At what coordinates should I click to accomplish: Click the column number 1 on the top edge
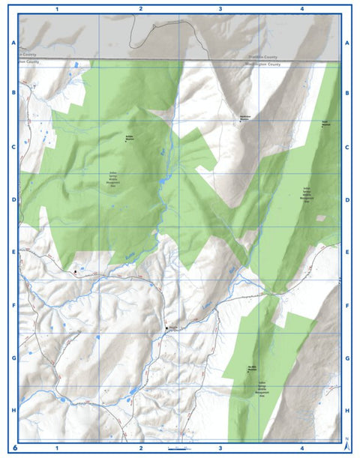(x=58, y=8)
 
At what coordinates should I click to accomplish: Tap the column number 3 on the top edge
(x=220, y=8)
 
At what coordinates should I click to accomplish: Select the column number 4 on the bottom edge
(x=301, y=448)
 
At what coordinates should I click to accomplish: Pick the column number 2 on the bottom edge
(x=140, y=448)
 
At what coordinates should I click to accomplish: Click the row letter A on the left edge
(x=13, y=43)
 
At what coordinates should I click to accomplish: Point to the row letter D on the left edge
(x=13, y=200)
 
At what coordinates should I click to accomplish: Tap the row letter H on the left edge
(x=13, y=411)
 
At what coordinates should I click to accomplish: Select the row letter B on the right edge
(x=346, y=94)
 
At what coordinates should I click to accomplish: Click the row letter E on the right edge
(x=346, y=253)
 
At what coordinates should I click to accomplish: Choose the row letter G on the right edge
(x=346, y=358)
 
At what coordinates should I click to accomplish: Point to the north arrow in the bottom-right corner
(x=345, y=444)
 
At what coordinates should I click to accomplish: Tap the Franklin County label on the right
(x=263, y=58)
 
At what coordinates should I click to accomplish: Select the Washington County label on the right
(x=263, y=64)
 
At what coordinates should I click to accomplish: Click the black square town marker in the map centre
(x=166, y=328)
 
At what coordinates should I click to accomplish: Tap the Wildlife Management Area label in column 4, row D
(x=307, y=195)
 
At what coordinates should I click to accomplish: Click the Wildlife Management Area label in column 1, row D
(x=113, y=180)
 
